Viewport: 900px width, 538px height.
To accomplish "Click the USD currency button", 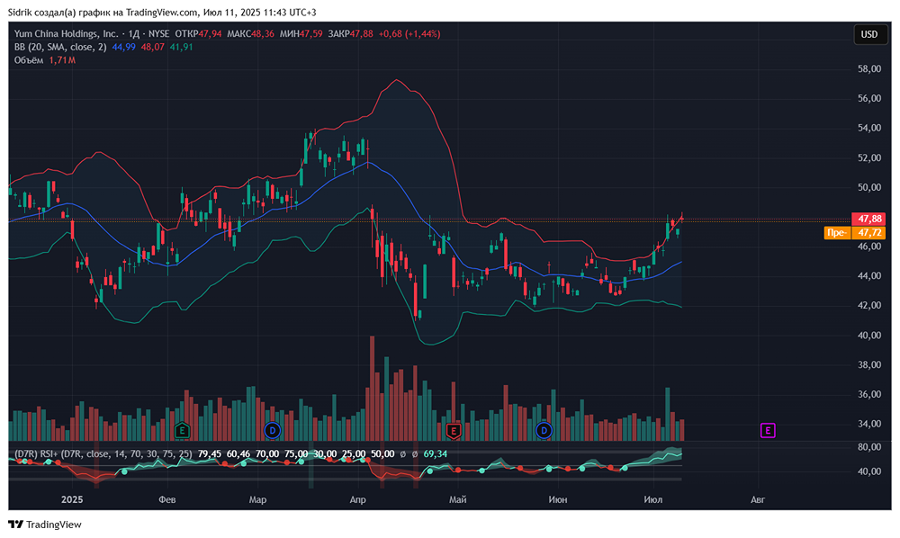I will pos(868,34).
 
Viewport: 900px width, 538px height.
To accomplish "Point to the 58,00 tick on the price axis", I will pos(868,69).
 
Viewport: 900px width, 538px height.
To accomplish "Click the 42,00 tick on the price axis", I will pos(868,306).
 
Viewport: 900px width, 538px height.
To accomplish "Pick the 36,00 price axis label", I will pos(868,394).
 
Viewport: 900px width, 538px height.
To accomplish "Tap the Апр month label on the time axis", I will pos(357,498).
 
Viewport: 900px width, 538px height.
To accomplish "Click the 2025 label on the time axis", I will pos(71,498).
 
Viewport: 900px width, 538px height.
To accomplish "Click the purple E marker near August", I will pos(768,431).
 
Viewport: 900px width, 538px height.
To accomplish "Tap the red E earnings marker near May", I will pos(454,431).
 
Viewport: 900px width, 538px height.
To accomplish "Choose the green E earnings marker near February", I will pos(183,431).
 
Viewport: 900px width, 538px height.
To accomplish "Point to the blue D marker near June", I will pos(544,431).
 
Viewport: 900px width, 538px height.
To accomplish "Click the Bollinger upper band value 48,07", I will pos(153,47).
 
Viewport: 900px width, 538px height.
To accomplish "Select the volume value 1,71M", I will pos(62,60).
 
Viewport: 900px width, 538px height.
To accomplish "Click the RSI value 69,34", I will pos(435,454).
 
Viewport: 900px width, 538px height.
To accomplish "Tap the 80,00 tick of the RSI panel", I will pos(868,447).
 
